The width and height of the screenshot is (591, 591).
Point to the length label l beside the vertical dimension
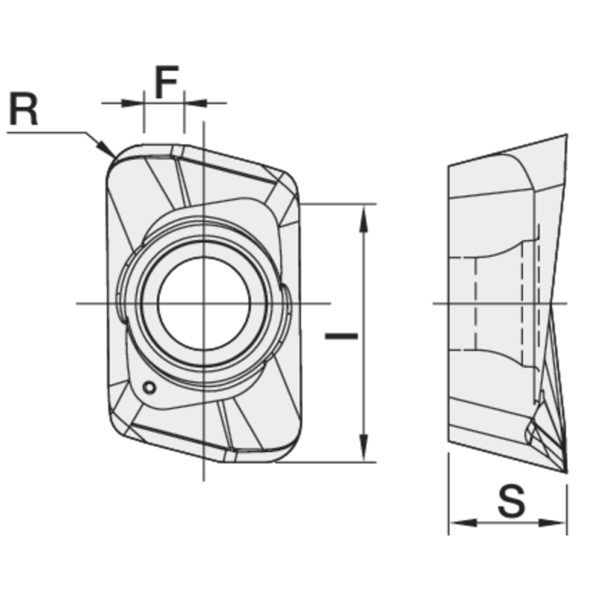click(341, 336)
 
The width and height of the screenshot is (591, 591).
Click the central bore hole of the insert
click(202, 304)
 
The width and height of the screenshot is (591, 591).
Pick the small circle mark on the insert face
click(150, 387)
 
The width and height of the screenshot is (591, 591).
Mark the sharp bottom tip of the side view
click(565, 471)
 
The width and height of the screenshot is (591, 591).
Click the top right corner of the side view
click(566, 136)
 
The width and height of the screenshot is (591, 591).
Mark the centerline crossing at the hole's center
click(202, 304)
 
